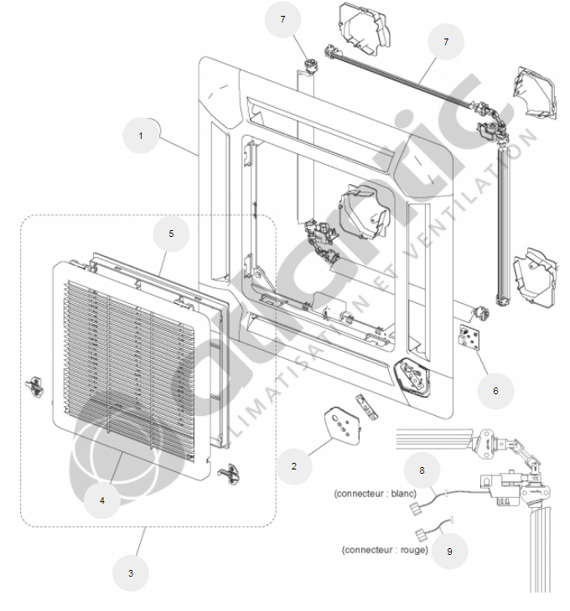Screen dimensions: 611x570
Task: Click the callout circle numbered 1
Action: (x=141, y=136)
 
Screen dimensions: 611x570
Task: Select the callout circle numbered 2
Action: (x=293, y=465)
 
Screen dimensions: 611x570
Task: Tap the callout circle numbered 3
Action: (x=130, y=572)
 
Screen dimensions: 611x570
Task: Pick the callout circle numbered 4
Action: (x=102, y=501)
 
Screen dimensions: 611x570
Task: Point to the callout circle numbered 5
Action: (x=172, y=234)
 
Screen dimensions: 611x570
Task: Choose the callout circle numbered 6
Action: (x=495, y=390)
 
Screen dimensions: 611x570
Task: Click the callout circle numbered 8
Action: (x=422, y=471)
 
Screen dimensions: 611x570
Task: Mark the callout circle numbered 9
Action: (x=449, y=551)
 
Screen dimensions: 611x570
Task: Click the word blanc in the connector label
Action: (x=402, y=493)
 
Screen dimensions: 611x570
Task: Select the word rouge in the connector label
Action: (x=410, y=550)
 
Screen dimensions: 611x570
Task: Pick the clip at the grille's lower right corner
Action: (x=228, y=473)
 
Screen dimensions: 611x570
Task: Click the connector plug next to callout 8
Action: (x=412, y=508)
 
